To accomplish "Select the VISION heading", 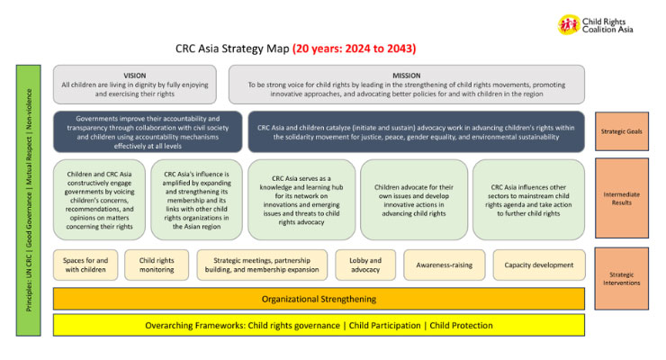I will pos(134,76).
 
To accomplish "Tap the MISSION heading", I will pos(406,76).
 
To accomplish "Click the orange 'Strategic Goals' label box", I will pos(622,130).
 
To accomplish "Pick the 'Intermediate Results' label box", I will pos(622,197).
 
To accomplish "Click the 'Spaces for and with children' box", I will pos(85,265).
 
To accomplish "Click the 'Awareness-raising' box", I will pos(439,265).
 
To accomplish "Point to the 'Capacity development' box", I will pos(539,265).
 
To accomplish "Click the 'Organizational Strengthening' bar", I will pos(319,298).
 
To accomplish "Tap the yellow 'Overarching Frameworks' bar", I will pos(319,325).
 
